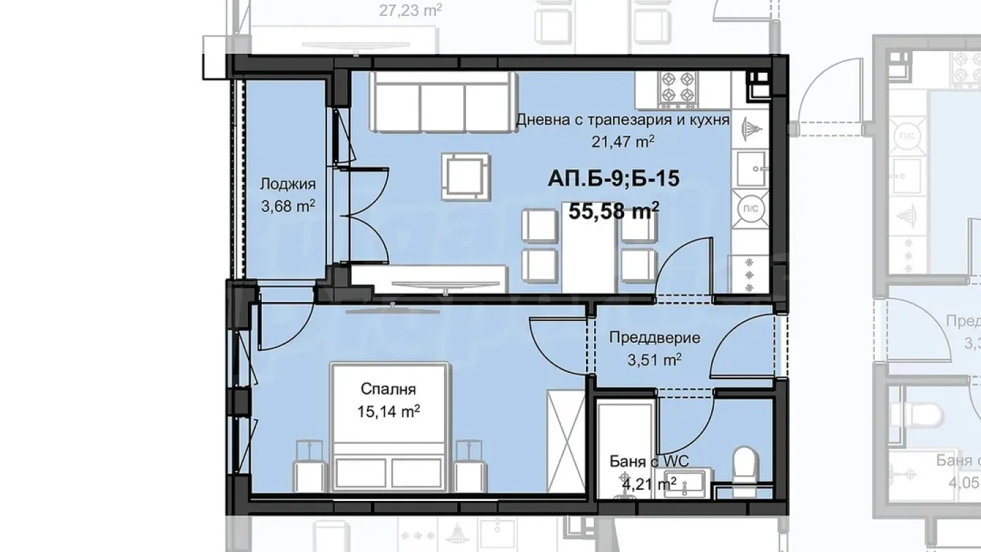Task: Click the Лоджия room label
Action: pos(287,184)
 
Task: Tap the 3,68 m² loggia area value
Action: pos(287,205)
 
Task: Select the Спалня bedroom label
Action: pos(388,390)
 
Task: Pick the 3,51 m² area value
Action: pos(654,359)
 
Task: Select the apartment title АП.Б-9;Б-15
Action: pos(613,179)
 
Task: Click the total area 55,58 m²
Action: pos(613,211)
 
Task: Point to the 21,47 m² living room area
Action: pos(623,141)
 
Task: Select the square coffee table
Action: pos(465,177)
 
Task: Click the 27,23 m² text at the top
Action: pos(409,10)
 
